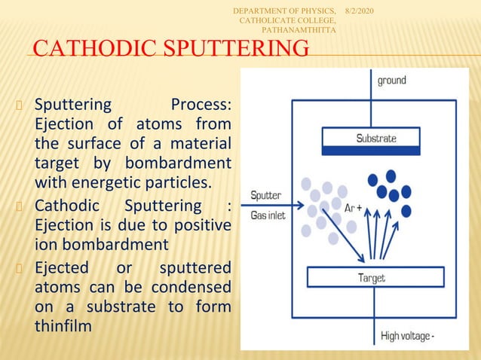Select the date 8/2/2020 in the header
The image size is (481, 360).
point(364,9)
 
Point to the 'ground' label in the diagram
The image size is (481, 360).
point(392,81)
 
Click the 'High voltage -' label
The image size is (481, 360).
point(406,336)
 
